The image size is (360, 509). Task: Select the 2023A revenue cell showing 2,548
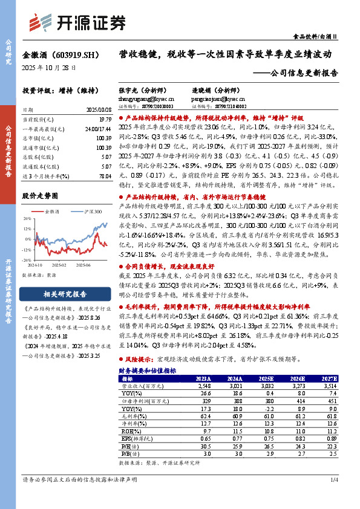tap(203, 385)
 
